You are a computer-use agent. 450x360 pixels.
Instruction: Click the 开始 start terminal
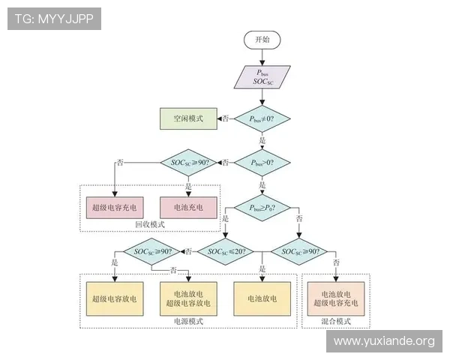click(x=262, y=39)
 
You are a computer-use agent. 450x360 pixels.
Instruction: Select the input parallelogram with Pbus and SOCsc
click(x=262, y=78)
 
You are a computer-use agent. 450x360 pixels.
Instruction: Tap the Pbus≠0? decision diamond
click(x=262, y=118)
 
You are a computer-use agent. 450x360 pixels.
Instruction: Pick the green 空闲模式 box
click(x=187, y=118)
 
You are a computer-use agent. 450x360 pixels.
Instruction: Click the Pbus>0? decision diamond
click(x=262, y=162)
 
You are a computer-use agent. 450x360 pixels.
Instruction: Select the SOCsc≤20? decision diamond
click(x=225, y=251)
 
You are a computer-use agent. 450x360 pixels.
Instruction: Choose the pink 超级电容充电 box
click(x=115, y=206)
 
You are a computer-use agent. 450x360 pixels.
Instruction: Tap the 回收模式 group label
click(x=150, y=224)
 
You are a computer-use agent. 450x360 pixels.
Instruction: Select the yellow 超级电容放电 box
click(x=114, y=298)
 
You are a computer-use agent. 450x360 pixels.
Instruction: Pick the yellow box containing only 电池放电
click(x=262, y=298)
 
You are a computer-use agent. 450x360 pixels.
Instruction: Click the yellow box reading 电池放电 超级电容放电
click(x=188, y=298)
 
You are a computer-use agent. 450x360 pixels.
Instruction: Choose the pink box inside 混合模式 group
click(x=336, y=298)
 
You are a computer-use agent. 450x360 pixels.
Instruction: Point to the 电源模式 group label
click(x=187, y=321)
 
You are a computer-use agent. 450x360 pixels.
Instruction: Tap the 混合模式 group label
click(x=335, y=321)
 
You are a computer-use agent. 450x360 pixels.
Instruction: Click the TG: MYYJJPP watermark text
click(x=54, y=18)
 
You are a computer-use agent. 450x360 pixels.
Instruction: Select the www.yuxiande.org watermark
click(x=383, y=341)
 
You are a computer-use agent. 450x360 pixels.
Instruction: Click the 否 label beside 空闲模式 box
click(x=224, y=118)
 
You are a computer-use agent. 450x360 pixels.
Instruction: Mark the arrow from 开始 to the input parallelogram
click(x=262, y=57)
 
